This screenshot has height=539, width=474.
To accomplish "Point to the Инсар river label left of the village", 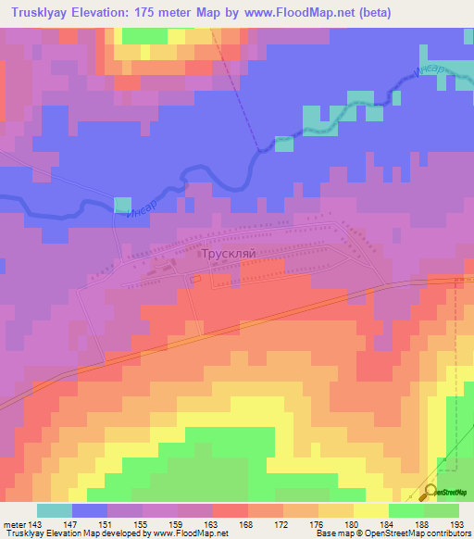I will click(x=132, y=219).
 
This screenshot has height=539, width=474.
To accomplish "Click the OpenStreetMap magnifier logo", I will click(x=431, y=492).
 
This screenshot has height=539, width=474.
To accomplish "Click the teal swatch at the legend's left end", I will click(x=55, y=510).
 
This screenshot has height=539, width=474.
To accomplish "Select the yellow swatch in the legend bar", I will click(x=371, y=510).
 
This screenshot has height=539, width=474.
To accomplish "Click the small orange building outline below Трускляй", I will click(x=196, y=277).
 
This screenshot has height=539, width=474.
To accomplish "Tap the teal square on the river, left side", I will click(x=122, y=204).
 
